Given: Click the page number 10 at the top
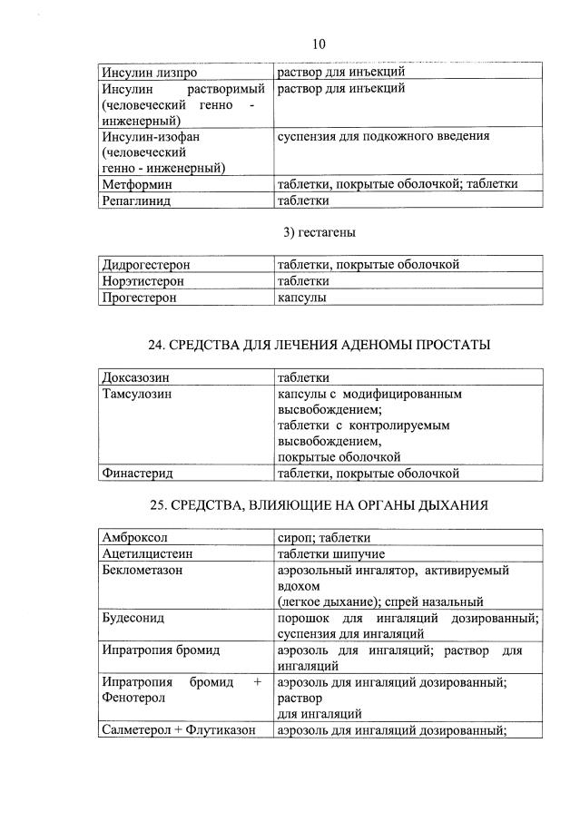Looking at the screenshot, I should click(318, 44).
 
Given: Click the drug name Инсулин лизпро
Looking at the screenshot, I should click(149, 72).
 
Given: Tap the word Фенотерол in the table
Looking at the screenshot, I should click(133, 699).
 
